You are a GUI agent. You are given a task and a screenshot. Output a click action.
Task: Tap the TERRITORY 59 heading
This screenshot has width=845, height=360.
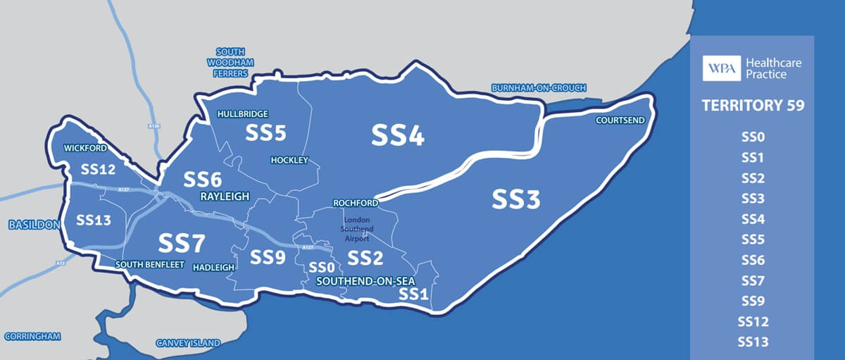coord(753,106)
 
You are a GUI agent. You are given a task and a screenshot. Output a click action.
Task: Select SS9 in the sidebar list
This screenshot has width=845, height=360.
coord(752,302)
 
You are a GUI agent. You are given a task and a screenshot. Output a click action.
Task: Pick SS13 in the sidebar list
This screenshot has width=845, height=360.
coord(752,342)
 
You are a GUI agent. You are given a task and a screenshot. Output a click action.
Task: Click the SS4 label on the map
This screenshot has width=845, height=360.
coord(398,135)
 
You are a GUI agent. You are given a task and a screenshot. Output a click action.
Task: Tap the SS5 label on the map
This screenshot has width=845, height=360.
coord(265,132)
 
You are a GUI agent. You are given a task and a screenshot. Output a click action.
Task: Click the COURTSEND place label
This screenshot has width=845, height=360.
coord(620,120)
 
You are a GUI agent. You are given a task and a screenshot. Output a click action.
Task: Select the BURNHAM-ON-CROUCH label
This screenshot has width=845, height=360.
coord(538,88)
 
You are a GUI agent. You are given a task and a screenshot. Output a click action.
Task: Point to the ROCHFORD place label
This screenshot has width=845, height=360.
coord(355,204)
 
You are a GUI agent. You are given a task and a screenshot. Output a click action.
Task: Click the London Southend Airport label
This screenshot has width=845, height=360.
coord(356,230)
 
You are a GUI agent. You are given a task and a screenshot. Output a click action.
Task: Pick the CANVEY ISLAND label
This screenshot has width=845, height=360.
coord(188,344)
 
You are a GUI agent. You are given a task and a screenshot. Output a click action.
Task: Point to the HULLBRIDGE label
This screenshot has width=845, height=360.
coord(243,113)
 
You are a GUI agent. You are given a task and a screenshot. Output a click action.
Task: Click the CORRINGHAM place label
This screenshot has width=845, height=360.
coord(32,335)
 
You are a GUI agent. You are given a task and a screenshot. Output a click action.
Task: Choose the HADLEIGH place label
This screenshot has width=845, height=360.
coord(213,266)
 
